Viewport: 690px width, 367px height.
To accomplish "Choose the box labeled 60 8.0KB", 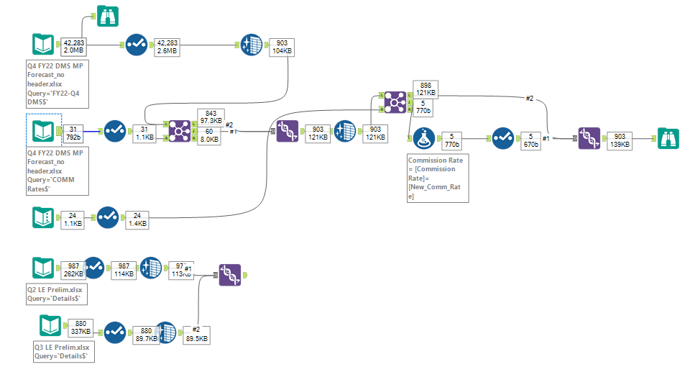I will pyautogui.click(x=210, y=137).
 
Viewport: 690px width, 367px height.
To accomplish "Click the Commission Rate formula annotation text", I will pyautogui.click(x=437, y=177).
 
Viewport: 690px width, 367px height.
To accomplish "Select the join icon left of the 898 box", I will pyautogui.click(x=395, y=103).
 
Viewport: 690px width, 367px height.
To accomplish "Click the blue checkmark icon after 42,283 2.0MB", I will pyautogui.click(x=136, y=45).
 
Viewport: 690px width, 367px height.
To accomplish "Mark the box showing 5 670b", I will pyautogui.click(x=530, y=140).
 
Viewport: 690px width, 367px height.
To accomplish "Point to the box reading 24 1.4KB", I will pyautogui.click(x=137, y=219).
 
